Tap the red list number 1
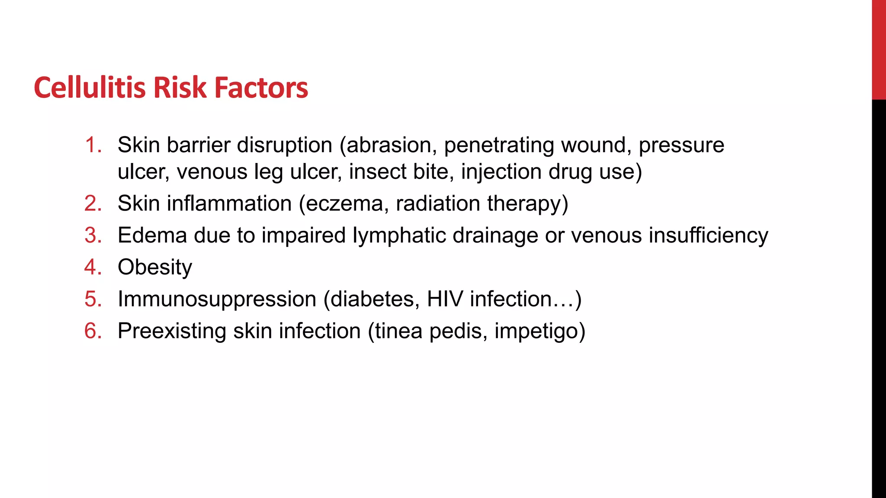coord(93,145)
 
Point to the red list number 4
coord(93,267)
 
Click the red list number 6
coord(93,331)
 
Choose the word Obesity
coord(155,268)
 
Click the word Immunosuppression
coord(217,299)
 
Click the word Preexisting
coord(172,331)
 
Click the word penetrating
coord(499,145)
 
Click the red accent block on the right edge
coord(879,50)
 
